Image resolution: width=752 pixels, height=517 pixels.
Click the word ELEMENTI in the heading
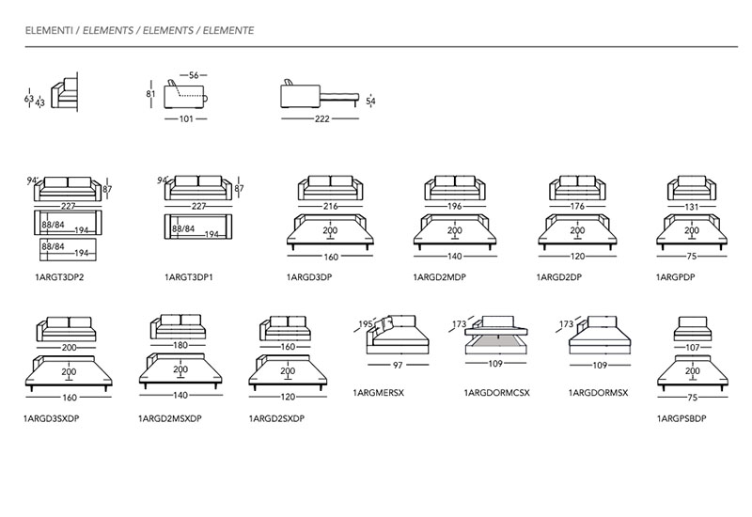[49, 31]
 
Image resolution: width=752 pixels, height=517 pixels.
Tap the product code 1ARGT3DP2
[59, 277]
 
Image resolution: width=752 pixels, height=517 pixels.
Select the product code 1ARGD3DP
[309, 277]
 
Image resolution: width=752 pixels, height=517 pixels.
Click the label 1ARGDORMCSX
[497, 393]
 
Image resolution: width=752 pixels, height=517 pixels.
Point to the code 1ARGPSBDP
[681, 418]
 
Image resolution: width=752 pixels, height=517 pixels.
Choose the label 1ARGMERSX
[379, 393]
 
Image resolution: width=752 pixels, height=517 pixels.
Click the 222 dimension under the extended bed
[322, 119]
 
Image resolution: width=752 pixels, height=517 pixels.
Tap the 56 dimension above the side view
[194, 75]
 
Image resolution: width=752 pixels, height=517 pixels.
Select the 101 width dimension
[186, 119]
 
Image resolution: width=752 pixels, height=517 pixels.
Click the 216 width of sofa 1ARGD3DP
[331, 206]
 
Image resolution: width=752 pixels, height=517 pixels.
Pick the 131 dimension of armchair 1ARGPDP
[691, 207]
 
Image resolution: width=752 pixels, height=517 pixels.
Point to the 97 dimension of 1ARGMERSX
[398, 366]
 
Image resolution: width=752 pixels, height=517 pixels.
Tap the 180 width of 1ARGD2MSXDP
[180, 345]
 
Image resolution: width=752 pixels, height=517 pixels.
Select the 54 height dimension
[370, 102]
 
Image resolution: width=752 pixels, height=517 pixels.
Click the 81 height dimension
[151, 94]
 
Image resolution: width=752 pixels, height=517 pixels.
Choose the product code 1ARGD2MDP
[439, 277]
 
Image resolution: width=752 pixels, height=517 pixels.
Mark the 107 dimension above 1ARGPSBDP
[693, 348]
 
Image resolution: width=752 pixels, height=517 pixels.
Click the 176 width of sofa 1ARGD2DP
[577, 206]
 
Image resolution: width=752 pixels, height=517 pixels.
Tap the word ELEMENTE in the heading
[228, 31]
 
